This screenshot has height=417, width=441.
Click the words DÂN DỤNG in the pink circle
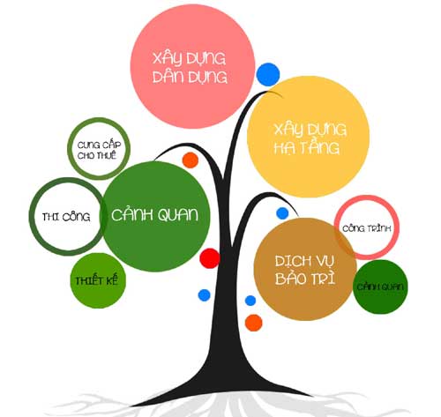click(190, 77)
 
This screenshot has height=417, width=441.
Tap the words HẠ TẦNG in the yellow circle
click(307, 147)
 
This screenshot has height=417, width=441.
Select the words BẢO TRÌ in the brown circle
click(305, 278)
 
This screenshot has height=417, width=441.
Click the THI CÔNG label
click(66, 217)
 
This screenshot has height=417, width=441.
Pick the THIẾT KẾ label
click(96, 280)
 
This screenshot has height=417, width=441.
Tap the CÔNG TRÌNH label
click(367, 228)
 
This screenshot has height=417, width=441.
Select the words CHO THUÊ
click(97, 155)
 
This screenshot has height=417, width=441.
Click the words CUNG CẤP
click(99, 145)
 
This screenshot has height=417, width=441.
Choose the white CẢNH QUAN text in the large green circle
click(155, 215)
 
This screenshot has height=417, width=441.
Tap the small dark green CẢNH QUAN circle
click(380, 287)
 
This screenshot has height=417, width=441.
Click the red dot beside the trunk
click(210, 258)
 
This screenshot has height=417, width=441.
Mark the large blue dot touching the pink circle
click(268, 74)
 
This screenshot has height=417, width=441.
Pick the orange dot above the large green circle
click(191, 160)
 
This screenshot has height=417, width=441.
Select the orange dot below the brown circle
click(254, 323)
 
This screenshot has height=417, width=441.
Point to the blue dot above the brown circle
click(282, 213)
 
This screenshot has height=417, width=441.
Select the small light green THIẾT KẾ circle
click(98, 280)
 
